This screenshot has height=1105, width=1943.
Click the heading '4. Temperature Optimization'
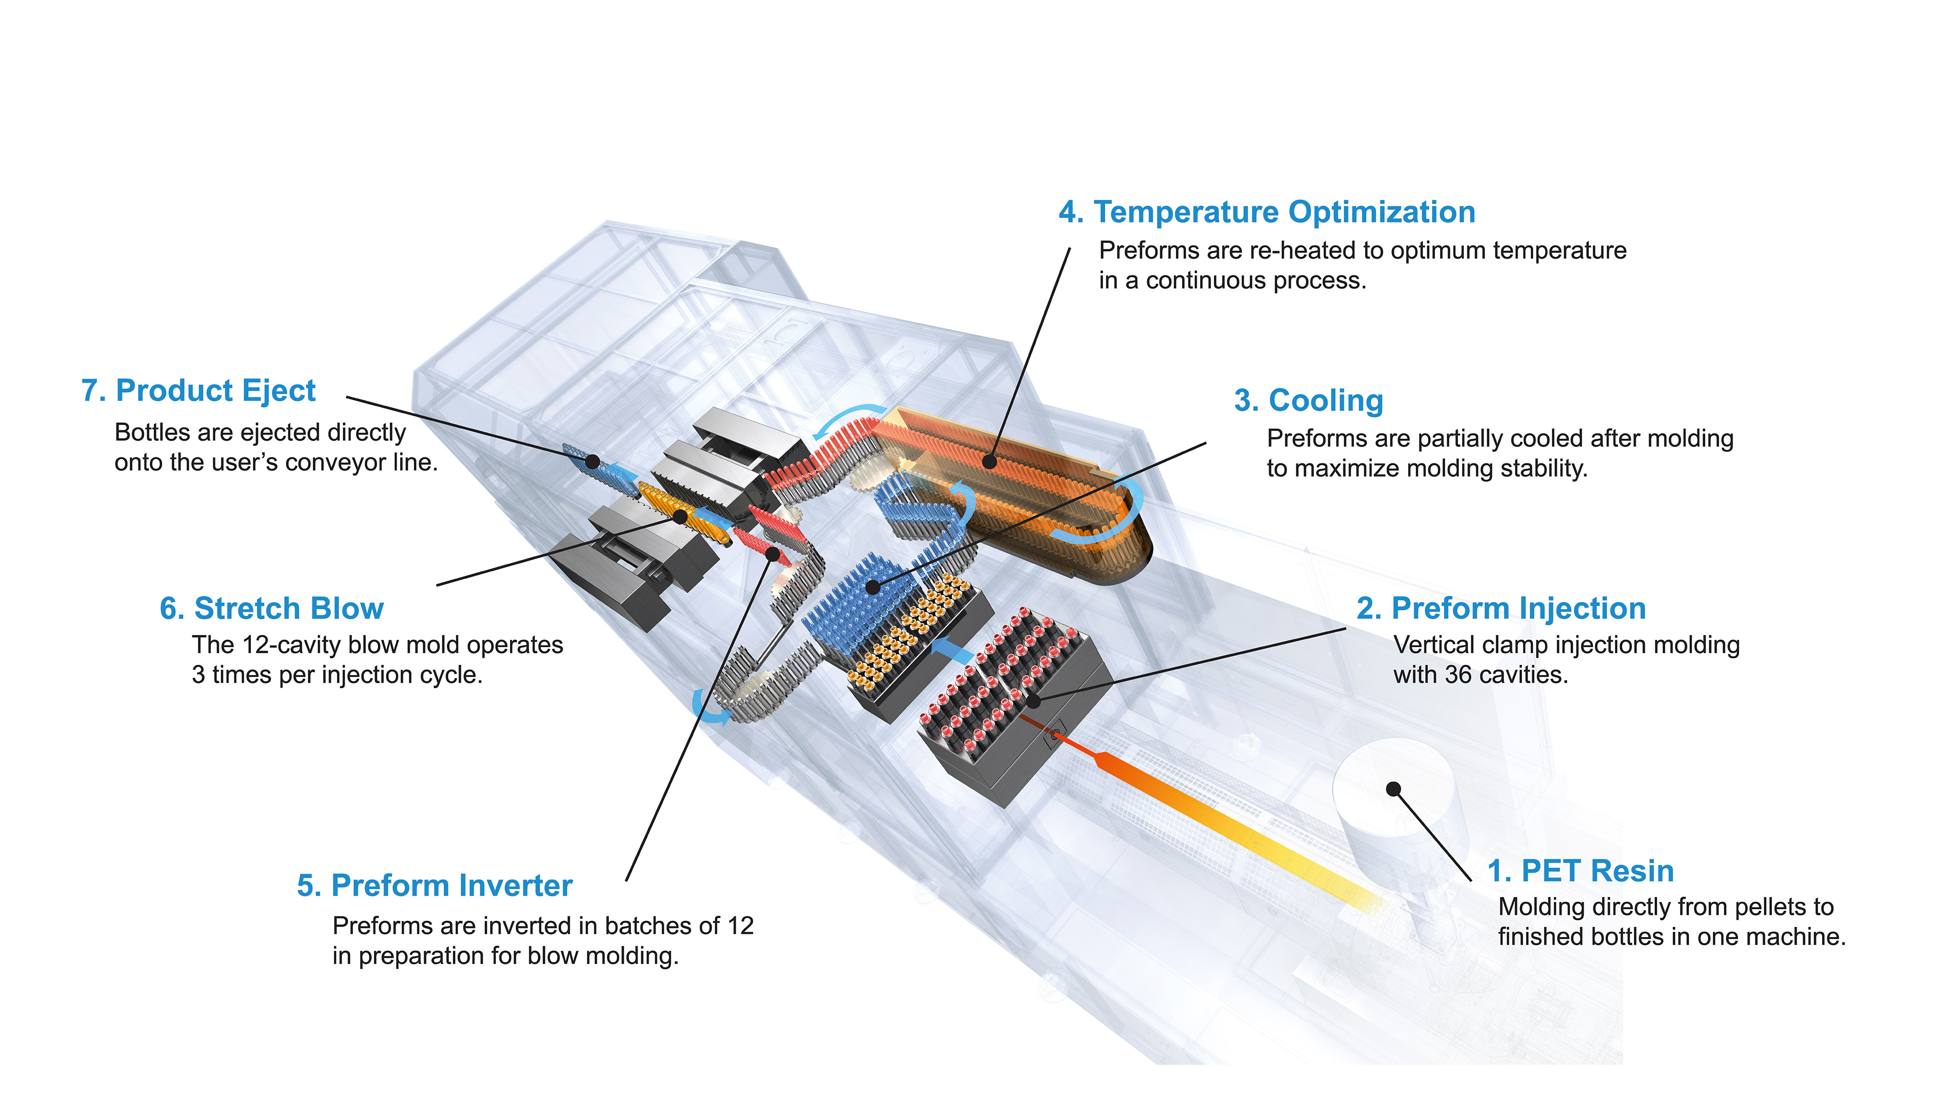tap(1267, 211)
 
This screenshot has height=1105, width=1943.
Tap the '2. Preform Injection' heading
tap(1501, 608)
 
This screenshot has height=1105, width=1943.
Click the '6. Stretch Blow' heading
tap(272, 608)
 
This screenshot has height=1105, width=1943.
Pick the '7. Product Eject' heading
tap(198, 391)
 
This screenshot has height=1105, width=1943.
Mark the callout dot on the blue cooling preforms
tap(873, 587)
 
